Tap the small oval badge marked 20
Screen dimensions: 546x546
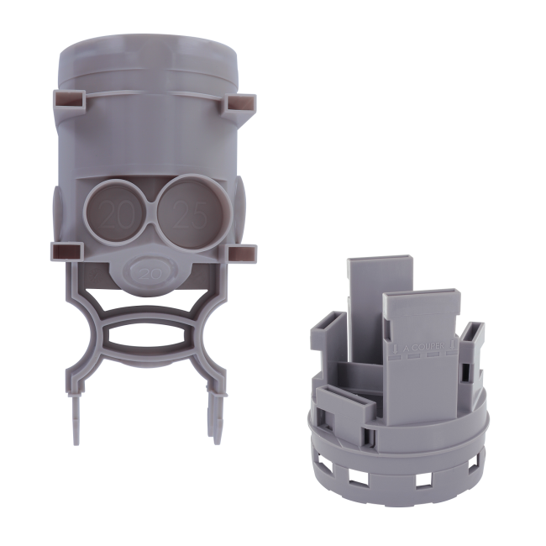click(150, 273)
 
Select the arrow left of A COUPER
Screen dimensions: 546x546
click(396, 345)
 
